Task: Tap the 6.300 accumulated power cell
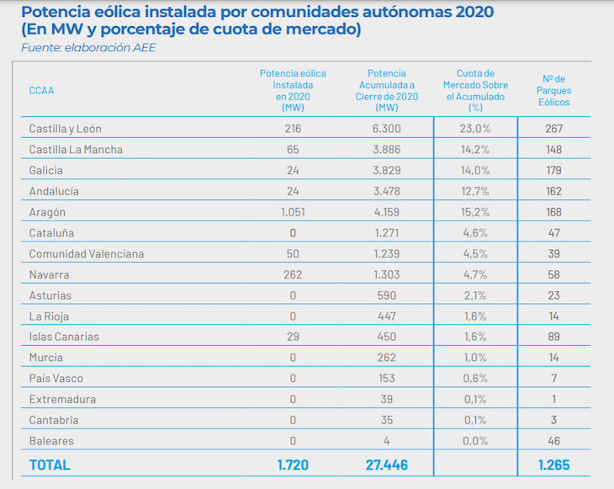pos(387,129)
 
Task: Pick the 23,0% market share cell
pos(475,129)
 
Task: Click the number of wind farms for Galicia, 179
pos(553,170)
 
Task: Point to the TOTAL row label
pos(50,465)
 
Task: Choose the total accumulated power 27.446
pos(387,465)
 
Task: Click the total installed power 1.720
pos(294,465)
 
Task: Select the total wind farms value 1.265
pos(553,465)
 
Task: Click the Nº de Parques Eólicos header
pos(553,90)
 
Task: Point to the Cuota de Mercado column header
pos(475,90)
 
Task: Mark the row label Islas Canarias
pos(64,337)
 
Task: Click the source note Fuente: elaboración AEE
pos(88,48)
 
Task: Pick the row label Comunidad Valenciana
pos(87,253)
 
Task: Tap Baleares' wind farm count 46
pos(553,441)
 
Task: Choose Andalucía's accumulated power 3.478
pos(387,191)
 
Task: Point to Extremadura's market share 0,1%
pos(475,399)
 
